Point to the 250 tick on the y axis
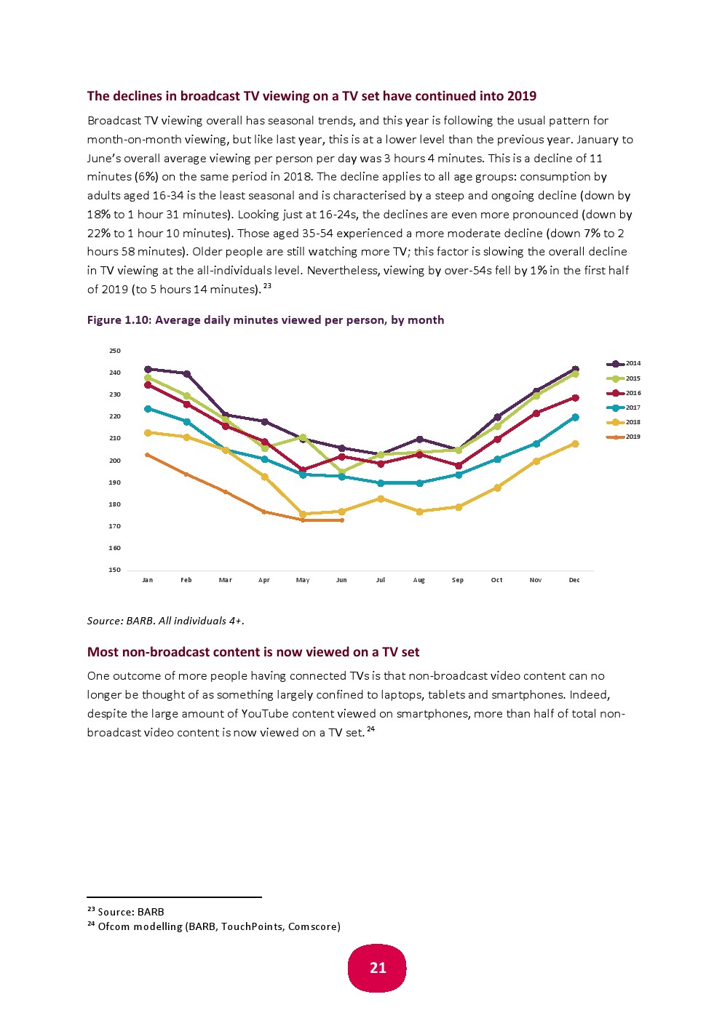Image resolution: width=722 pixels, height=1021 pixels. pyautogui.click(x=115, y=351)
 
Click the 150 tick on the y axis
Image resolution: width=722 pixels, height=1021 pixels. pyautogui.click(x=115, y=570)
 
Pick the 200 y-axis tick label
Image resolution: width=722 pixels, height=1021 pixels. pyautogui.click(x=115, y=461)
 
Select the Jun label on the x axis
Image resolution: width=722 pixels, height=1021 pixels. pyautogui.click(x=341, y=580)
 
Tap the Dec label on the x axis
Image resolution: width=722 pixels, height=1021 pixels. pyautogui.click(x=574, y=580)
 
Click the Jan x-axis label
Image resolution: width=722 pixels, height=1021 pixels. pyautogui.click(x=148, y=580)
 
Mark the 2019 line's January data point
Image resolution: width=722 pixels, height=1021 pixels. pyautogui.click(x=148, y=455)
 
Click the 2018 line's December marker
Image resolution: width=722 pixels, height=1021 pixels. pyautogui.click(x=575, y=444)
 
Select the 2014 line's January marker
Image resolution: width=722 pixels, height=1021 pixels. pyautogui.click(x=148, y=369)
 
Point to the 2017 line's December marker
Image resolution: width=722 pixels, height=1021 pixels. pyautogui.click(x=575, y=417)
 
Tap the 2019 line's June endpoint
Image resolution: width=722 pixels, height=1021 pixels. pyautogui.click(x=342, y=520)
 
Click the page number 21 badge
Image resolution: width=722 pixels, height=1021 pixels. pyautogui.click(x=377, y=968)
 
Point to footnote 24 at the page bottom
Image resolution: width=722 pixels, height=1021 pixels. pyautogui.click(x=214, y=926)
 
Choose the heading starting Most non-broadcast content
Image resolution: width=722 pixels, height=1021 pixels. pyautogui.click(x=253, y=652)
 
